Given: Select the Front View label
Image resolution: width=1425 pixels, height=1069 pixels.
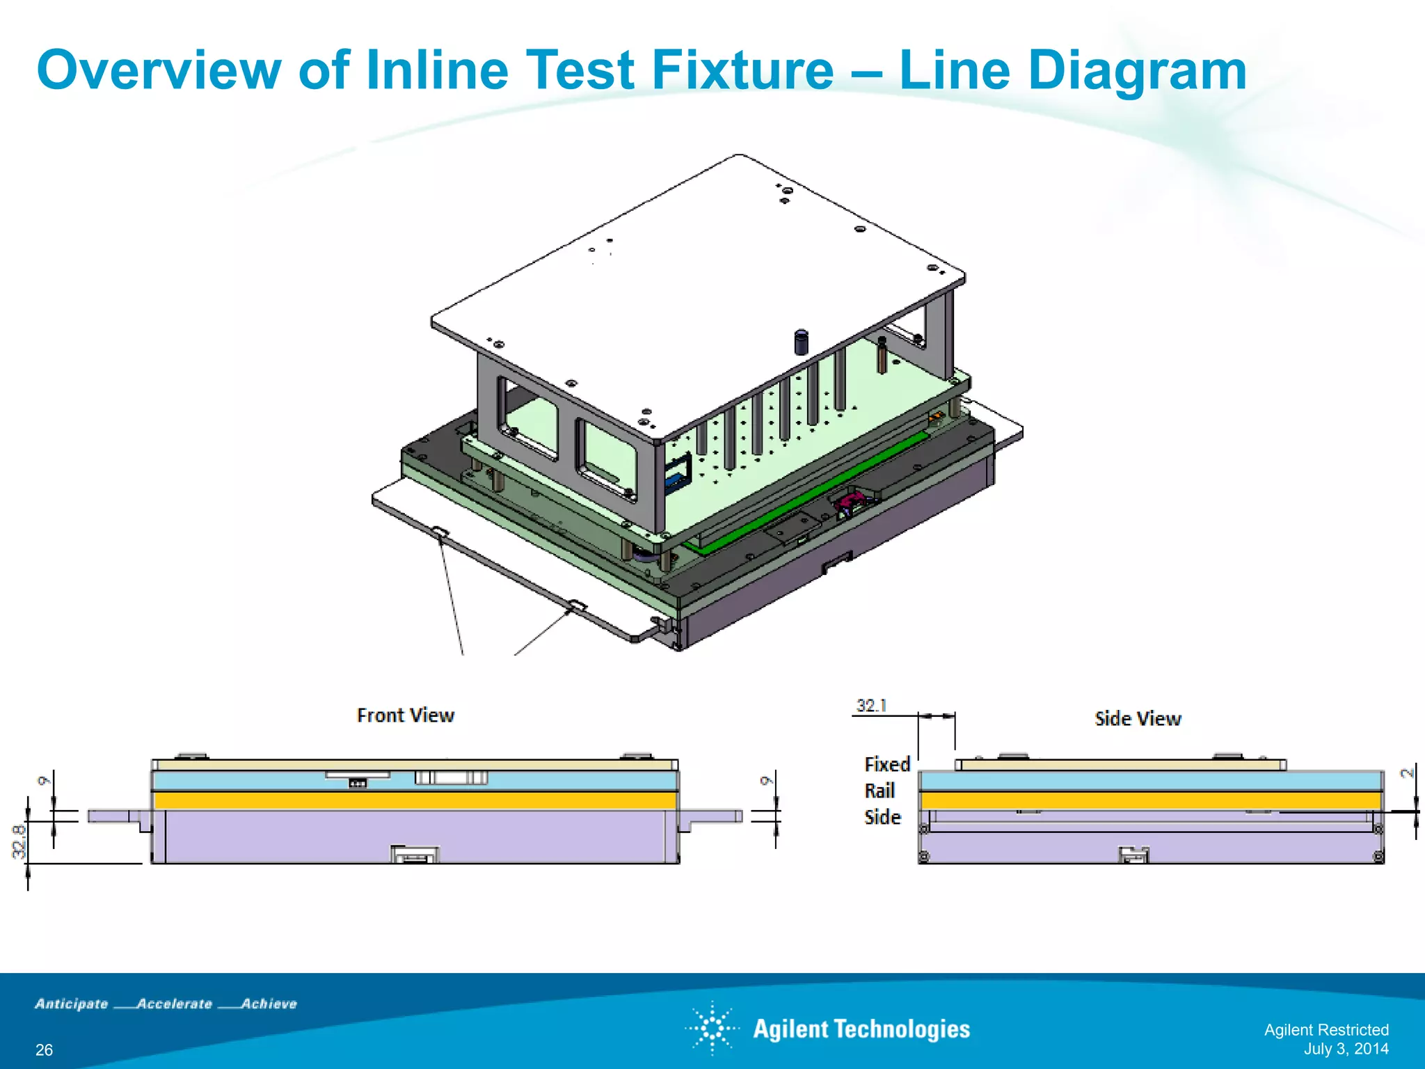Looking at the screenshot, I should (405, 715).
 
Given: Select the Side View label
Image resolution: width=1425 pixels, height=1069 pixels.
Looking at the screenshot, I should (1138, 718).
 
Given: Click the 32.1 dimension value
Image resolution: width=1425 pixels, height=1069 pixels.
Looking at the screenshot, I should (871, 706).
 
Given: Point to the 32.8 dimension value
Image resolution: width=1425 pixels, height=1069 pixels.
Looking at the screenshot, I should (19, 841).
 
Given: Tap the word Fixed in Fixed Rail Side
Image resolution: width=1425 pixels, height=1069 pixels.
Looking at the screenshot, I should (887, 764).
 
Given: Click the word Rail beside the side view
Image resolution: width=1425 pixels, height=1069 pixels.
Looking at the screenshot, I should (879, 791).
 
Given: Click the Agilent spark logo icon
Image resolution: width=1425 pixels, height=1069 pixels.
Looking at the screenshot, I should (712, 1028).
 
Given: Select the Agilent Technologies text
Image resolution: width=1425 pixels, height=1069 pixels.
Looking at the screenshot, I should (861, 1029).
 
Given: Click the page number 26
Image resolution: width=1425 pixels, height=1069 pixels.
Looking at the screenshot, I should (44, 1050).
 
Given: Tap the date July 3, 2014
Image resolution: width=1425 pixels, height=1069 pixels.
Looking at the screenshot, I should (1346, 1049).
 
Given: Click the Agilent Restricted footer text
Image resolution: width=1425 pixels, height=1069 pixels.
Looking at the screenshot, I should (1326, 1029).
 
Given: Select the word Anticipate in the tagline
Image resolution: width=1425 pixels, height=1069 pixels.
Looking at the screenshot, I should (72, 1004).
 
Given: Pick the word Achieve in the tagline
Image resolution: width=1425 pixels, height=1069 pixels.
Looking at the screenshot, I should (269, 1004).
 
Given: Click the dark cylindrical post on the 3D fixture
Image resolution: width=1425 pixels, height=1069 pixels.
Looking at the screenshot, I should (802, 342).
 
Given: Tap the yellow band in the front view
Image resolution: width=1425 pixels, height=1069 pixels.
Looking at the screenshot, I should (415, 800).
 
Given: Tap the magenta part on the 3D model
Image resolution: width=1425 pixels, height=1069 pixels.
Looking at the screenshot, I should (853, 498).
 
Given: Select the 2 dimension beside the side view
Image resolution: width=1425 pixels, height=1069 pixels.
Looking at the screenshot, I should (1407, 773).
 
